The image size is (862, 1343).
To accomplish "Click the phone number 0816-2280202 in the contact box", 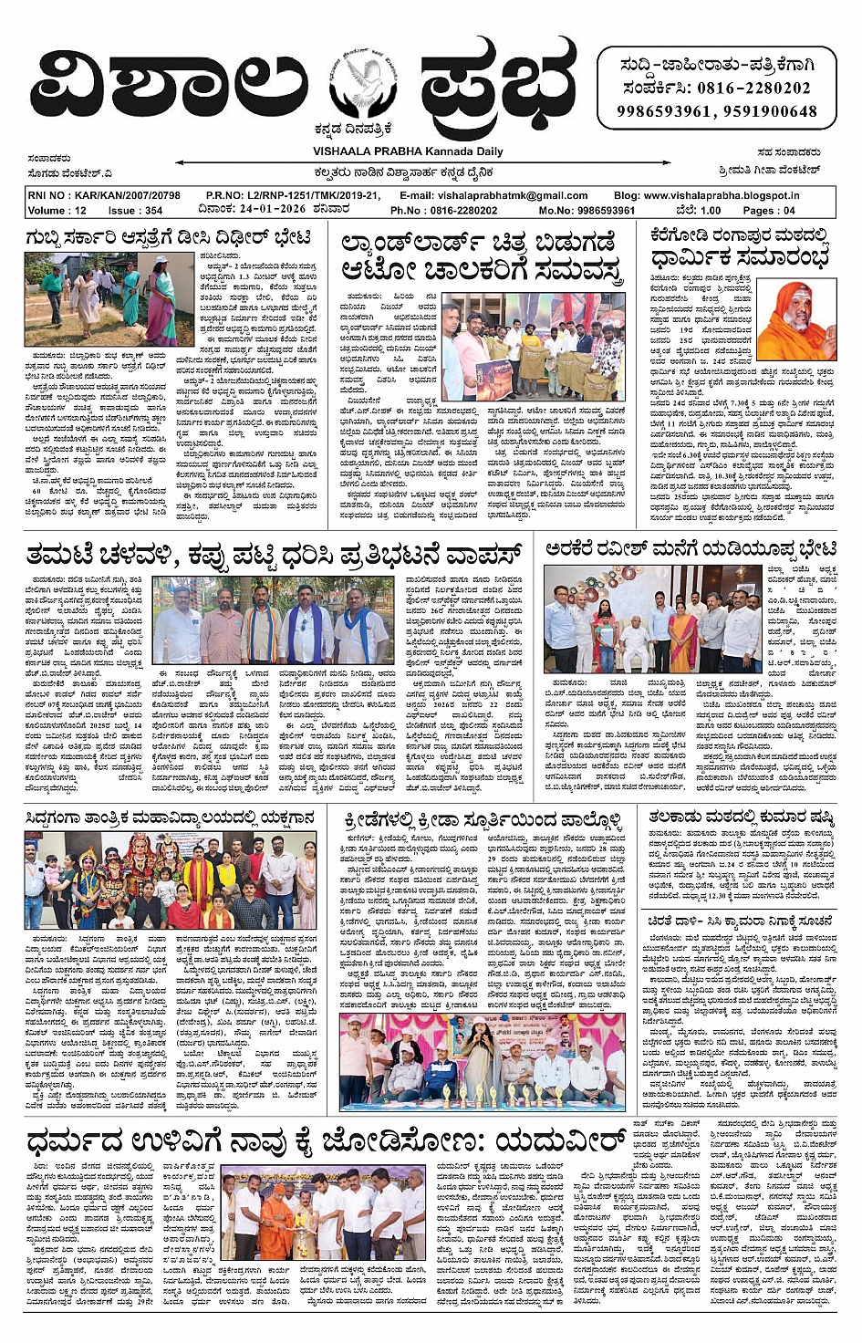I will tap(753, 88).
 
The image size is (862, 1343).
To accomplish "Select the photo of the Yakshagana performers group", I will tap(171, 879).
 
